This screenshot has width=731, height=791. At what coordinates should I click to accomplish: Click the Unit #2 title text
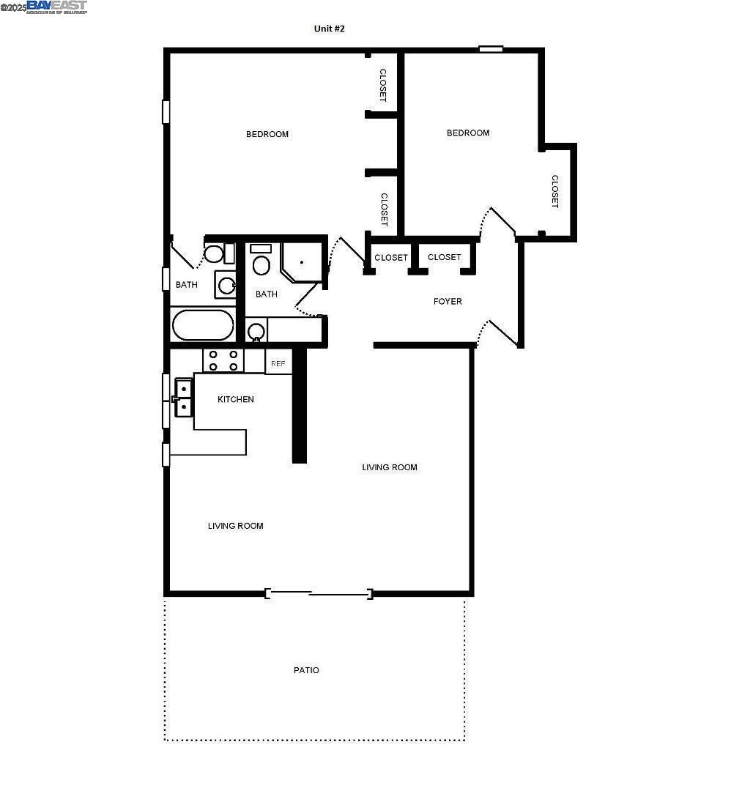coord(330,29)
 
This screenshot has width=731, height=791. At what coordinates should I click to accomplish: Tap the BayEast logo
coord(56,7)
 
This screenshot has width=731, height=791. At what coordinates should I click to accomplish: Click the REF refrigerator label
coord(278,363)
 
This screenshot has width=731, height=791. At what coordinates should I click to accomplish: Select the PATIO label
coord(306,670)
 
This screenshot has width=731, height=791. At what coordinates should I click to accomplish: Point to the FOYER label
coord(448,301)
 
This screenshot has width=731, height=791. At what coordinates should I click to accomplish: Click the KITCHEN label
coord(236,399)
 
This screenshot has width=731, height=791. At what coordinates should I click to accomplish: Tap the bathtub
coord(203,325)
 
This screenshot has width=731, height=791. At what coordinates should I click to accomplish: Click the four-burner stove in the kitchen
coord(223,360)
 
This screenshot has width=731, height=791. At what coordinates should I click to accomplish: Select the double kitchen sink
coord(183,398)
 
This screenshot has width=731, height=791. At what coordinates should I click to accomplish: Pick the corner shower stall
coord(302,261)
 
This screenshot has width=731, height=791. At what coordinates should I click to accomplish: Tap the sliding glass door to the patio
coord(319,593)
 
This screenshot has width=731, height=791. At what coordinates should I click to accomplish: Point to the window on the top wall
coord(491,49)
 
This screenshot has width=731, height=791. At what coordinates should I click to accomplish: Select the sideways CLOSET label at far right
coord(555,191)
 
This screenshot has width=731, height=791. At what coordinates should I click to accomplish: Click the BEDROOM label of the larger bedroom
coord(267,134)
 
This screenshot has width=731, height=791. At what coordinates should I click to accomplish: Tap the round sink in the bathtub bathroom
coord(226,285)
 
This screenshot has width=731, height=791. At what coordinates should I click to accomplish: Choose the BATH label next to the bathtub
coord(187,285)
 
